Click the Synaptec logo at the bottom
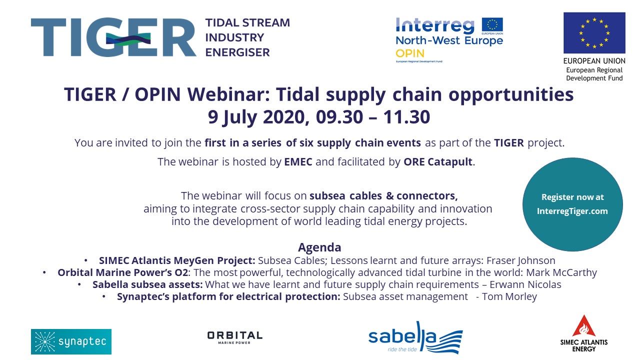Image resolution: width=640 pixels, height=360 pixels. pyautogui.click(x=71, y=341)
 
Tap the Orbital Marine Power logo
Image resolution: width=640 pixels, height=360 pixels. pyautogui.click(x=234, y=337)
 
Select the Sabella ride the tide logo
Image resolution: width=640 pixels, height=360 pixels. pyautogui.click(x=415, y=337)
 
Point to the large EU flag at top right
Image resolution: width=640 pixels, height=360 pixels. pyautogui.click(x=594, y=33)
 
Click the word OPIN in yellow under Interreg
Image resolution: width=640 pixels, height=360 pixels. pyautogui.click(x=410, y=53)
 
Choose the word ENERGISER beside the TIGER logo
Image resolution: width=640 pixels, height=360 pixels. pyautogui.click(x=237, y=52)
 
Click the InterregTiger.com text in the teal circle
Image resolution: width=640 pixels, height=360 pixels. pyautogui.click(x=572, y=211)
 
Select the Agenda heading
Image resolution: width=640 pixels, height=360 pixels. pyautogui.click(x=319, y=247)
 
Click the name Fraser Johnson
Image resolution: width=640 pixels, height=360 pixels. pyautogui.click(x=521, y=260)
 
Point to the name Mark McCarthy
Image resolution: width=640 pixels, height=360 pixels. pyautogui.click(x=561, y=272)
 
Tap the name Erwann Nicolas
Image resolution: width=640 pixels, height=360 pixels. pyautogui.click(x=525, y=284)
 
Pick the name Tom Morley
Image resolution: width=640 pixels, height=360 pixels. pyautogui.click(x=509, y=296)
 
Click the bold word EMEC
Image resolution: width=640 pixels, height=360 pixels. pyautogui.click(x=298, y=162)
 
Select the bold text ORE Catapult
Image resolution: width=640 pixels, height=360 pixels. pyautogui.click(x=437, y=162)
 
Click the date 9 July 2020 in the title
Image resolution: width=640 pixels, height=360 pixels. pyautogui.click(x=258, y=117)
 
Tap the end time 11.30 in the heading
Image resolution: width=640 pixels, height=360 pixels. pyautogui.click(x=406, y=117)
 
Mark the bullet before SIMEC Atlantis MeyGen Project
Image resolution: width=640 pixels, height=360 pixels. pyautogui.click(x=85, y=260)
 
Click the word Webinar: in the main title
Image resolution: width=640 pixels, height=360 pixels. pyautogui.click(x=228, y=94)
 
